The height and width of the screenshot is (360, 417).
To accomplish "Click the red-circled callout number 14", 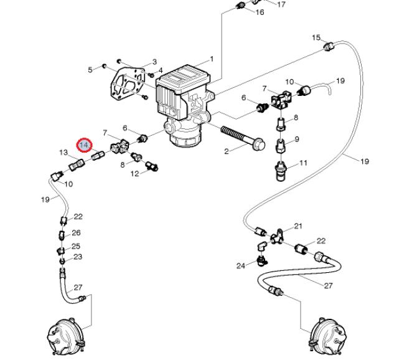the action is click(x=84, y=145).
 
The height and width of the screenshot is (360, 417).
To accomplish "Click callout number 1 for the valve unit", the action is click(x=212, y=59).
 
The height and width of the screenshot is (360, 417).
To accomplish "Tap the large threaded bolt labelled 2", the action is click(x=243, y=138).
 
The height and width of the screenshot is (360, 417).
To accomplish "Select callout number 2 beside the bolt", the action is click(x=227, y=151).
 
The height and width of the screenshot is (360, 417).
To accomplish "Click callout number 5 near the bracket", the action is click(x=90, y=70).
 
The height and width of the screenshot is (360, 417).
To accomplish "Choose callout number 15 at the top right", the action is click(x=316, y=37).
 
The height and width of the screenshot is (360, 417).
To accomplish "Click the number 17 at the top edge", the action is click(x=281, y=4).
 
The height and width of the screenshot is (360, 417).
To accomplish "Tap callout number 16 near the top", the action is click(x=260, y=12).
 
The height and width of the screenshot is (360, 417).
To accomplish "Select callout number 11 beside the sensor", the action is click(x=303, y=163).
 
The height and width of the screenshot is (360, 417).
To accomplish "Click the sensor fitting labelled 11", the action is click(x=280, y=171).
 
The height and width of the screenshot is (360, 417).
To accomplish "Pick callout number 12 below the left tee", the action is click(x=135, y=174).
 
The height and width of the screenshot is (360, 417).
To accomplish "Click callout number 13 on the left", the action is click(x=63, y=153).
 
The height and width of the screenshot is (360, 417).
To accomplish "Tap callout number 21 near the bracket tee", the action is click(x=298, y=226).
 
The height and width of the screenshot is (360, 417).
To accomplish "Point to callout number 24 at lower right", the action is click(x=241, y=265).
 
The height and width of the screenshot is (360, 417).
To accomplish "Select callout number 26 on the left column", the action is click(x=76, y=233).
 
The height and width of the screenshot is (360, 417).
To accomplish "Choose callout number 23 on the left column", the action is click(x=78, y=257).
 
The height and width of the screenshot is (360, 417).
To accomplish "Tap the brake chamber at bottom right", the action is click(x=328, y=337).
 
